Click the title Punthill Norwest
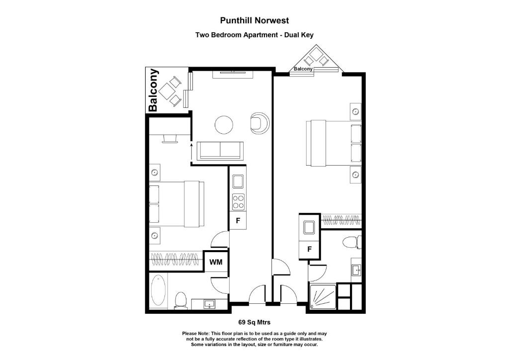coord(254,20)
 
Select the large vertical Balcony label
coord(154,90)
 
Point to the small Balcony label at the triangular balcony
coord(303,69)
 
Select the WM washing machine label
coord(215,262)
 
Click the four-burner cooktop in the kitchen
coord(238,201)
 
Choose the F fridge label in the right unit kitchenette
coord(309,249)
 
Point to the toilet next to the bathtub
coord(180,300)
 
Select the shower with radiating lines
coord(322,297)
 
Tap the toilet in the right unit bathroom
coord(351,243)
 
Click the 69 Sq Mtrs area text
coord(254,322)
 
